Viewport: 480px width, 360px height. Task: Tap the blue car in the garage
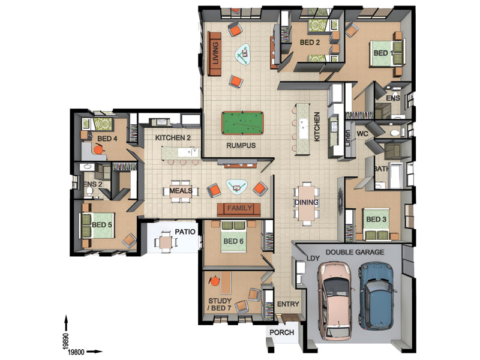pos(376,298)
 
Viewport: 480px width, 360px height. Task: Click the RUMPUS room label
pos(241,146)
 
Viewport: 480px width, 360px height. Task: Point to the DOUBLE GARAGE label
pos(355,253)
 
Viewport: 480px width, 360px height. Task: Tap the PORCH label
pos(281,332)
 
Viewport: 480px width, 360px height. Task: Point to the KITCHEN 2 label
pos(173,138)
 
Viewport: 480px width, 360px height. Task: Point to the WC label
pos(362,133)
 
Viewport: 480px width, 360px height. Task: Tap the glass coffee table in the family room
pos(237,187)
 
